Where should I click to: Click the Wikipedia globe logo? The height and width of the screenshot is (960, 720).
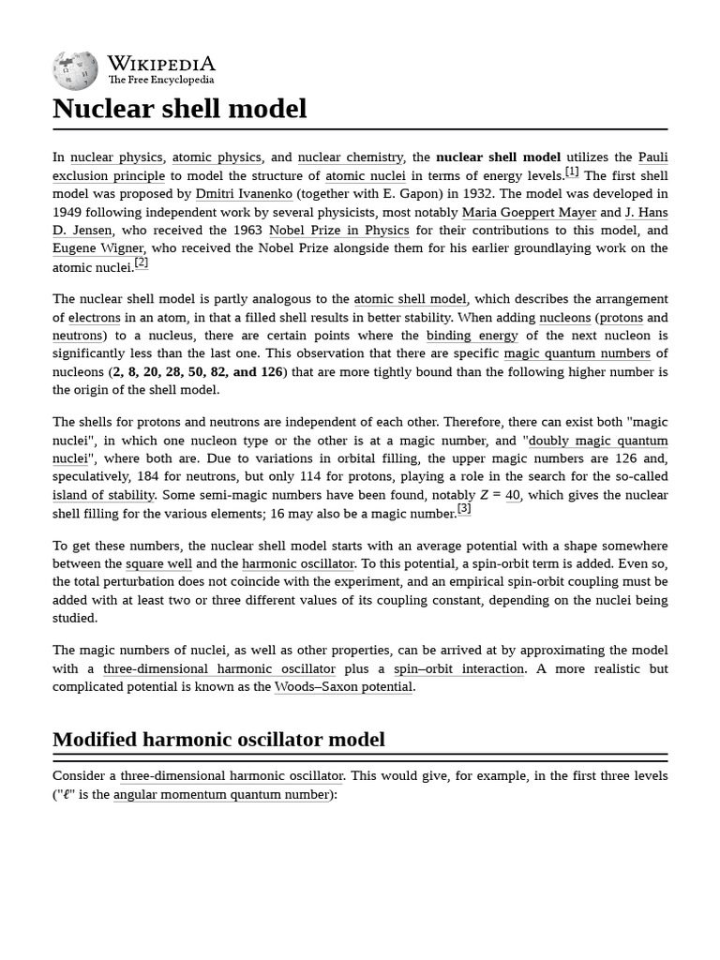point(75,69)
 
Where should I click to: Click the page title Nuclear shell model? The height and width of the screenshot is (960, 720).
point(180,109)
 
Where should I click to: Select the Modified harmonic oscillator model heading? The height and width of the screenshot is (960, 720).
point(218,739)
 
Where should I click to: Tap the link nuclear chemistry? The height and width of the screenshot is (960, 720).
point(350,157)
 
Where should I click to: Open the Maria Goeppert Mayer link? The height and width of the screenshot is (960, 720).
point(529,212)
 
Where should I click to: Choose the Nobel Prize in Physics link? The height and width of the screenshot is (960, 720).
point(338,231)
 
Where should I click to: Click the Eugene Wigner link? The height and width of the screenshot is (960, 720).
point(98,248)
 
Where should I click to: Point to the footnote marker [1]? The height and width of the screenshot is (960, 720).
point(571,172)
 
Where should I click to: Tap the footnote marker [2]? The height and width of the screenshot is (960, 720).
point(141,263)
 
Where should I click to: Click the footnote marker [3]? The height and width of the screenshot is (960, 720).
point(463,509)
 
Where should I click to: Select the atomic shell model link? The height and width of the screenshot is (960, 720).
point(410,299)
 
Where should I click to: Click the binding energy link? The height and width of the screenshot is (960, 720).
point(472,336)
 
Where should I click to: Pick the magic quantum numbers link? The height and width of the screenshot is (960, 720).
point(577,353)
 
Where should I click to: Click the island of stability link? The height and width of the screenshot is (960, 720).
point(103,495)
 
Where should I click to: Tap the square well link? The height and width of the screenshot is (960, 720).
point(158,563)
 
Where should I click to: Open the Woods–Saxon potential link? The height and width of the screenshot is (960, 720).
point(343,686)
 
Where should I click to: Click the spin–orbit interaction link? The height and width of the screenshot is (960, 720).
point(458,668)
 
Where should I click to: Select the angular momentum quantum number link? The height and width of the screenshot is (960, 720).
point(221,794)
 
